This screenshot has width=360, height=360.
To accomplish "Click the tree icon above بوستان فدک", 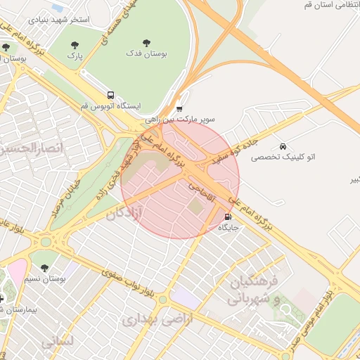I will pyautogui.click(x=146, y=42).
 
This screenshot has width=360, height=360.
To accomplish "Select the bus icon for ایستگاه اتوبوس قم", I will pyautogui.click(x=110, y=95).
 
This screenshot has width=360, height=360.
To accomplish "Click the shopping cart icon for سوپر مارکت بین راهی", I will pyautogui.click(x=179, y=108).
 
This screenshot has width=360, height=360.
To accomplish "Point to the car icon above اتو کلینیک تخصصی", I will pyautogui.click(x=282, y=146).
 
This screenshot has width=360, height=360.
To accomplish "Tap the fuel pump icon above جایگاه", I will pyautogui.click(x=227, y=217).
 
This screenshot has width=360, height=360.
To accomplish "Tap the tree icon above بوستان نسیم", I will pyautogui.click(x=45, y=268).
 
